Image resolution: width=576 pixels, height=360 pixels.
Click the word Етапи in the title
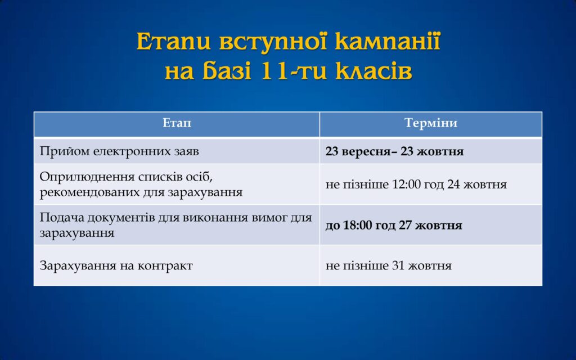click(174, 41)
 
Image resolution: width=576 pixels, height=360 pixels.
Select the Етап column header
click(177, 123)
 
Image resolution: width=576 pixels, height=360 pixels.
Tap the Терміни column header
click(431, 123)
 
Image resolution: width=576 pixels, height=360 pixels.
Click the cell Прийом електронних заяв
click(119, 151)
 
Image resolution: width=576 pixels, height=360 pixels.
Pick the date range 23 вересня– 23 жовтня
click(394, 151)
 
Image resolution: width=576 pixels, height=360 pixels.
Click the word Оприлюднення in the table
click(87, 177)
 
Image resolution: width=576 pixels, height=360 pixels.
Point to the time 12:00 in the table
click(406, 184)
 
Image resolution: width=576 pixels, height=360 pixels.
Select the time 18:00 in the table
click(358, 225)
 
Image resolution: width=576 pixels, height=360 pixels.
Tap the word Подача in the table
click(58, 218)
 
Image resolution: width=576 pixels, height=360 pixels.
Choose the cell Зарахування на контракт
click(116, 265)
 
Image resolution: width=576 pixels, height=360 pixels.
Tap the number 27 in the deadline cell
click(405, 225)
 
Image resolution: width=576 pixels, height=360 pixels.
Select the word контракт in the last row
click(165, 265)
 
